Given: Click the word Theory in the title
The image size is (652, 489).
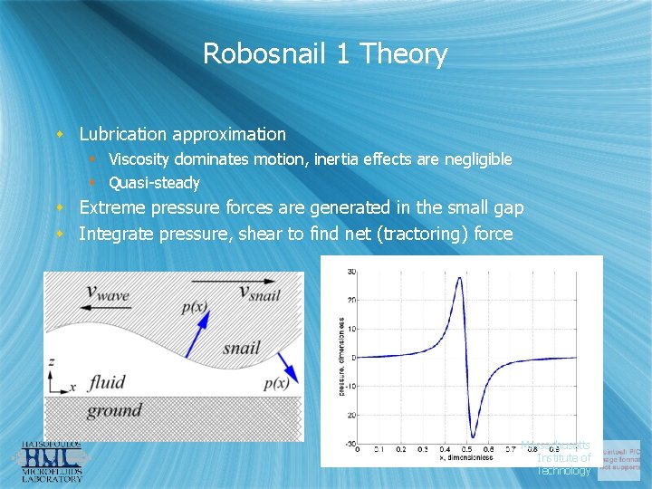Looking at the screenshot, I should coord(404,54).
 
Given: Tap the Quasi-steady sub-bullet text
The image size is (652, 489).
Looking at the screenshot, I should coord(154,183).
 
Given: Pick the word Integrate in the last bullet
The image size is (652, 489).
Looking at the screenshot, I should coord(117,234).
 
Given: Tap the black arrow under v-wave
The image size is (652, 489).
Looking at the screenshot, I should coord(104,308).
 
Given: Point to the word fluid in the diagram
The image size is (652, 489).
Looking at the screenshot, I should coord(107,382).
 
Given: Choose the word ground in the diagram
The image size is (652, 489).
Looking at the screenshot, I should coord(114,411).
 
